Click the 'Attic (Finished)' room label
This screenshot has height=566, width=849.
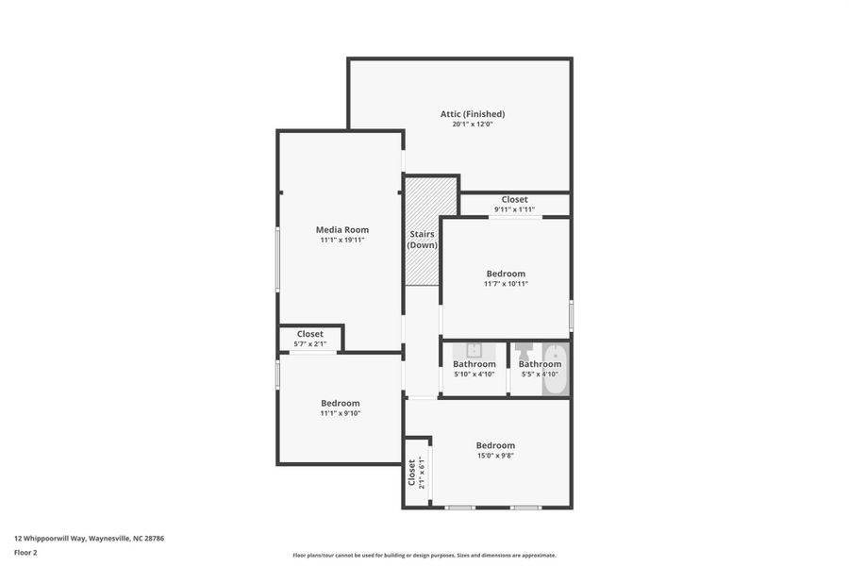pos(472,114)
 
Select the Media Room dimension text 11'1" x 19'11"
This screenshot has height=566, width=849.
pos(341,240)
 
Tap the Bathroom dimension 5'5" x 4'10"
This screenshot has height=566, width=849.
pos(540,375)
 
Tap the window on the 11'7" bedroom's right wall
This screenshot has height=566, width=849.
pos(571,313)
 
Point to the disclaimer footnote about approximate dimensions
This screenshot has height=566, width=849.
pos(424,556)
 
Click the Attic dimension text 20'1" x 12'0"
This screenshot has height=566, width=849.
pos(472,125)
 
